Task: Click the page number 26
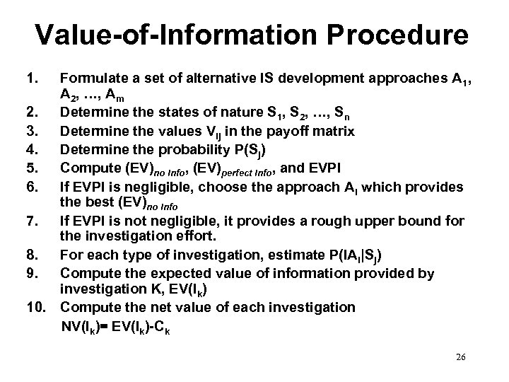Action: (x=460, y=358)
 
